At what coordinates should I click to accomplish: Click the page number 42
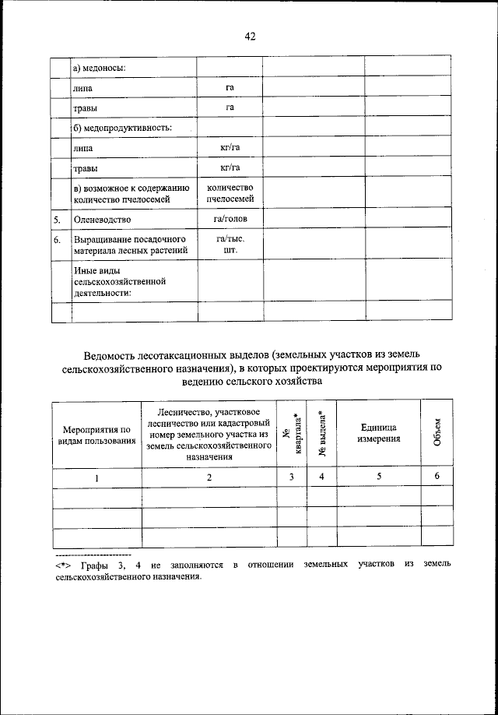pos(249,36)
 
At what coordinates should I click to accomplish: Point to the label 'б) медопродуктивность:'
pos(123,128)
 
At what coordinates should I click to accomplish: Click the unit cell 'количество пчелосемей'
pos(230,193)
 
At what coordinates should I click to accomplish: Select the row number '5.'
pos(57,220)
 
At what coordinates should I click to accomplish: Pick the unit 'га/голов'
pos(230,220)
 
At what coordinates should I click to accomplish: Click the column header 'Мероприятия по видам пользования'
pos(97,435)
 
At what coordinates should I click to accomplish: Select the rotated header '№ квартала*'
pos(292,435)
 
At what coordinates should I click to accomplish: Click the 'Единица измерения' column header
pos(379,434)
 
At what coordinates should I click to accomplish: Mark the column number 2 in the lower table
pos(209,478)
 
